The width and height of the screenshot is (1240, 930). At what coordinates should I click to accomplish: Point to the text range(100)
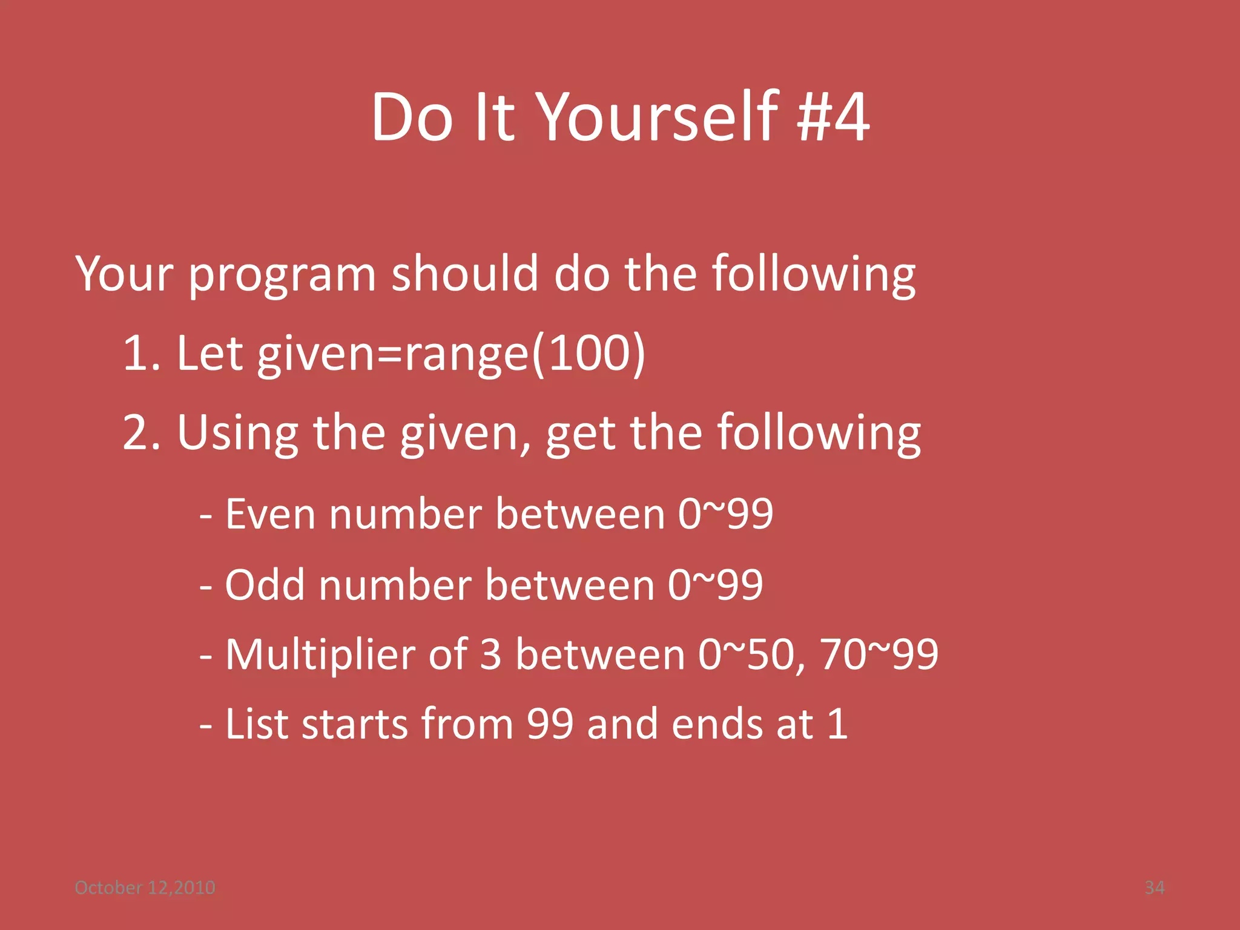click(x=524, y=354)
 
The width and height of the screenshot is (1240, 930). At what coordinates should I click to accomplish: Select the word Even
click(x=270, y=514)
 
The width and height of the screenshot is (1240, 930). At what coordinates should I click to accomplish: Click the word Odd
click(x=265, y=585)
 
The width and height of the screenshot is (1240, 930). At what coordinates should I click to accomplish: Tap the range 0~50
click(x=745, y=655)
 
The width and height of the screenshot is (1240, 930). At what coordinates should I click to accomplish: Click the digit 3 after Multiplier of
click(x=490, y=655)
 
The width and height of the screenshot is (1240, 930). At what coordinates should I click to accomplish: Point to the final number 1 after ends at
click(x=837, y=724)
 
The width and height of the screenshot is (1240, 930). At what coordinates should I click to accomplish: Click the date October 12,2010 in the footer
click(x=145, y=888)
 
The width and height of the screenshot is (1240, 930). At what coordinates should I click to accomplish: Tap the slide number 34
click(x=1154, y=888)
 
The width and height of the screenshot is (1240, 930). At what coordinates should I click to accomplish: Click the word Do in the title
click(x=412, y=117)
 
